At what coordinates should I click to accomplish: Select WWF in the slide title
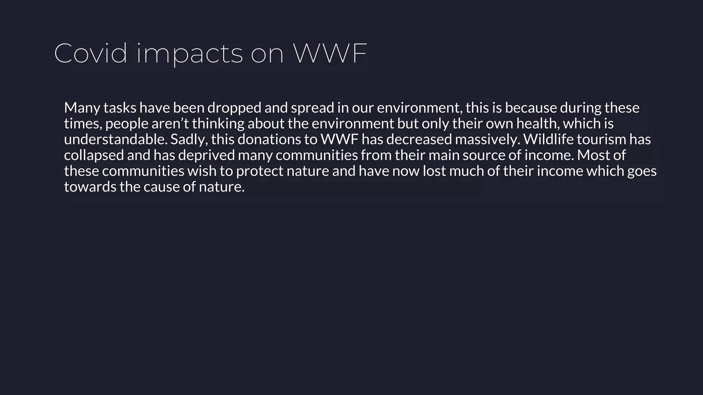coord(330,53)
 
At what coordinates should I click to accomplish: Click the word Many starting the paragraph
coord(82,108)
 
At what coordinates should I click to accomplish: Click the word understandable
coord(116,140)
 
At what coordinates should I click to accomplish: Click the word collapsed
coord(94,155)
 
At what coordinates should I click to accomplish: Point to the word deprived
coord(206,155)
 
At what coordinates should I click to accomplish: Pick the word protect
coord(260,171)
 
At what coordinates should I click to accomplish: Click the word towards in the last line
coord(90,187)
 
